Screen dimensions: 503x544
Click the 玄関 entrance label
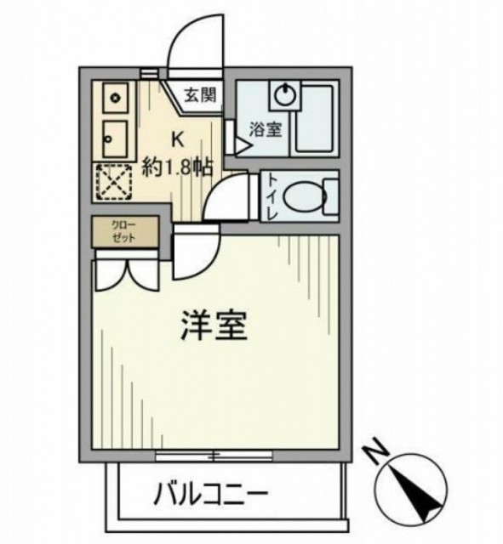point(201,95)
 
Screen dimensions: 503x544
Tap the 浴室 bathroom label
point(266,129)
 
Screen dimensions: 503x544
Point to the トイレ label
point(272,197)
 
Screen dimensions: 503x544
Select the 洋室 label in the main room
point(214,325)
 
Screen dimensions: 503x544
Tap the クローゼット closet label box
point(125,231)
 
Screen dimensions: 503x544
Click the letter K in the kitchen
point(177,139)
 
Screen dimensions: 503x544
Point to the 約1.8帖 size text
point(177,168)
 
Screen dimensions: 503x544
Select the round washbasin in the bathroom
point(285,94)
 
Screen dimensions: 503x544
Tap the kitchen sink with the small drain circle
point(115,139)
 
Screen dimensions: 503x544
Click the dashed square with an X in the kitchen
point(114,181)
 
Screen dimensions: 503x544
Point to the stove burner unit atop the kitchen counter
point(115,98)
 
